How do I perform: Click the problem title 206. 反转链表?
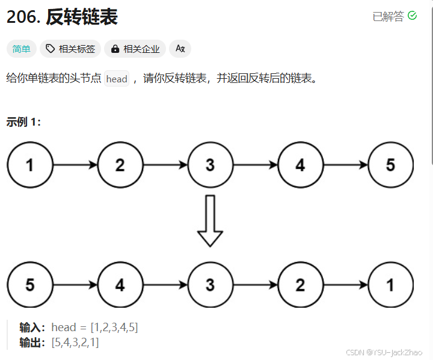pyautogui.click(x=62, y=17)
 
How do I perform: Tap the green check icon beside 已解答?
pyautogui.click(x=412, y=16)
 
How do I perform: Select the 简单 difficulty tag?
pyautogui.click(x=22, y=49)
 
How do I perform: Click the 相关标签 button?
pyautogui.click(x=71, y=49)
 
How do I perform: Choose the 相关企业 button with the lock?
pyautogui.click(x=136, y=49)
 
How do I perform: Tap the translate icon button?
pyautogui.click(x=180, y=49)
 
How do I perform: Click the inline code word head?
pyautogui.click(x=117, y=79)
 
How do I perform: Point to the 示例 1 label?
pyautogui.click(x=23, y=122)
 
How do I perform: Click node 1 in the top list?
pyautogui.click(x=30, y=165)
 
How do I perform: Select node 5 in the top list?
pyautogui.click(x=390, y=165)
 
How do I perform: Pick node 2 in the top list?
pyautogui.click(x=120, y=165)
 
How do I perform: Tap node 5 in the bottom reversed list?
pyautogui.click(x=30, y=285)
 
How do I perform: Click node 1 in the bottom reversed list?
pyautogui.click(x=390, y=285)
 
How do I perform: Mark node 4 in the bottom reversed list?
pyautogui.click(x=120, y=285)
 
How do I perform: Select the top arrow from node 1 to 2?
pyautogui.click(x=75, y=165)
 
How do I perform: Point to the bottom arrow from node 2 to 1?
pyautogui.click(x=345, y=285)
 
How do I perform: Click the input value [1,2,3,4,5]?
pyautogui.click(x=114, y=328)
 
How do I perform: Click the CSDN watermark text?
pyautogui.click(x=384, y=352)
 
